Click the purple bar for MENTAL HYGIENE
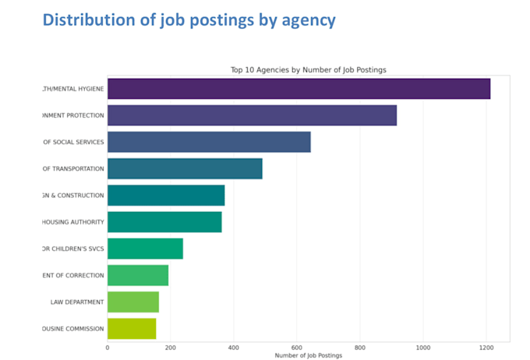coord(299,88)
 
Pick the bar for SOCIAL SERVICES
coord(209,142)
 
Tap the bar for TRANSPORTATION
coord(185,168)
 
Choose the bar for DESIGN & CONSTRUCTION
coord(166,195)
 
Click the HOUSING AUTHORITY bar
coord(164,222)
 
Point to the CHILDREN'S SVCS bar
coord(145,249)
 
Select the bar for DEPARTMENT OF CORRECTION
coord(138,275)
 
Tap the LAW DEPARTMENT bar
coord(133,302)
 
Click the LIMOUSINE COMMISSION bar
coord(132,328)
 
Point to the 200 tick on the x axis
coord(171,348)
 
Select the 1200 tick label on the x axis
coord(486,348)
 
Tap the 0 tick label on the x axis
coord(108,348)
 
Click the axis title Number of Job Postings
coord(308,355)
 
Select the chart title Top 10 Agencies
coord(308,69)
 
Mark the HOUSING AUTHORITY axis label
coord(72,222)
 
